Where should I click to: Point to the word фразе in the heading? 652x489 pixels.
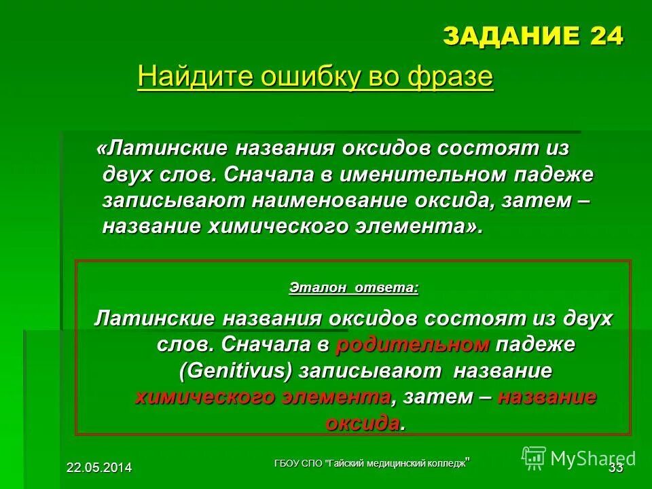(451, 77)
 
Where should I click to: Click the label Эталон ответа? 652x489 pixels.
(354, 287)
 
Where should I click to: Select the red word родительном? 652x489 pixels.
(412, 344)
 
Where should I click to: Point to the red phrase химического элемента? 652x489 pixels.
(263, 397)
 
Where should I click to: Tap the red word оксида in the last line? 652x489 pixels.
(363, 423)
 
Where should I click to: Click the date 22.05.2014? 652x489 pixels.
(99, 467)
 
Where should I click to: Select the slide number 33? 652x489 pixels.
(615, 467)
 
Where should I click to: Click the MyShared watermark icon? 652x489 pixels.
(535, 458)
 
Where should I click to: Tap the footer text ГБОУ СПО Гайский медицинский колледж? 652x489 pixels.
(372, 463)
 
